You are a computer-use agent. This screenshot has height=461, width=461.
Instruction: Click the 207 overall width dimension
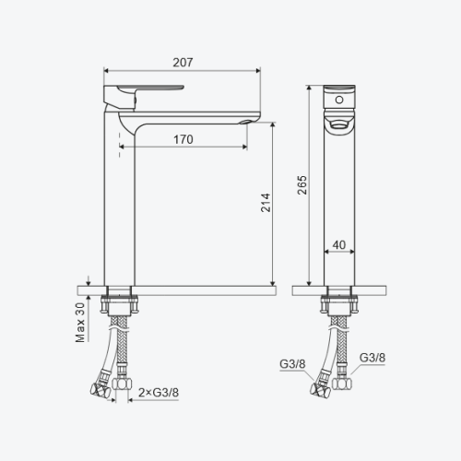[183, 63]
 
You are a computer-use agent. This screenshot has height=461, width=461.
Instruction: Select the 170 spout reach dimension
[183, 140]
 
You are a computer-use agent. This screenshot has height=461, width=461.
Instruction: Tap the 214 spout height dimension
[266, 203]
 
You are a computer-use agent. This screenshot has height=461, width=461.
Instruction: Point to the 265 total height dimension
[302, 184]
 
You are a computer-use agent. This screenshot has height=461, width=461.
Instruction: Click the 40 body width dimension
[339, 245]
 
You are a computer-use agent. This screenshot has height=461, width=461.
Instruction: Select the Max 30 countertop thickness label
[80, 323]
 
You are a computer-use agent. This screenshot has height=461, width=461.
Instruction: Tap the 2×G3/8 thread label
[159, 393]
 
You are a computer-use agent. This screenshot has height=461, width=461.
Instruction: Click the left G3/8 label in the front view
[292, 364]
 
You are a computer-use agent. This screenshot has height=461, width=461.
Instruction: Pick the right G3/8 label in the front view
[372, 358]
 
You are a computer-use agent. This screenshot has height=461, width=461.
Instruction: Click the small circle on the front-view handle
[339, 100]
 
